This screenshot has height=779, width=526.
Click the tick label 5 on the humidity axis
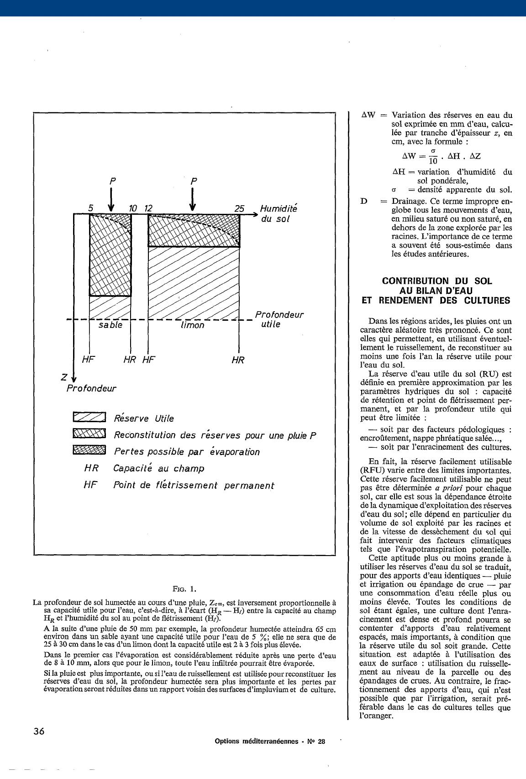pyautogui.click(x=91, y=208)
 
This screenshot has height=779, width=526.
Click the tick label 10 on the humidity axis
pyautogui.click(x=132, y=208)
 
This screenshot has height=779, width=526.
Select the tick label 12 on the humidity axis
pyautogui.click(x=148, y=208)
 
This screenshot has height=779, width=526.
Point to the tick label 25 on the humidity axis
pyautogui.click(x=239, y=208)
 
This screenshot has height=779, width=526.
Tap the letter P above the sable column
pyautogui.click(x=111, y=181)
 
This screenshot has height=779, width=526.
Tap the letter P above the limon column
pyautogui.click(x=194, y=181)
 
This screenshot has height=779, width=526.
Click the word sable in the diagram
pyautogui.click(x=110, y=325)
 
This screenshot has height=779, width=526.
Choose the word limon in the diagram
pyautogui.click(x=192, y=326)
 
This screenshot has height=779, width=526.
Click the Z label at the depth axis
pyautogui.click(x=64, y=377)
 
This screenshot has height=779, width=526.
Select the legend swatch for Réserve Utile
pyautogui.click(x=89, y=417)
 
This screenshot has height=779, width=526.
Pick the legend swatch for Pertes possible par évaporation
pyautogui.click(x=89, y=450)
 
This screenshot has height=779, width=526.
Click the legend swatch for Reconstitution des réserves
pyautogui.click(x=89, y=434)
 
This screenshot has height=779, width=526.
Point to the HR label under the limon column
pyautogui.click(x=238, y=360)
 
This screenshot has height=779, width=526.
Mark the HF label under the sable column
pyautogui.click(x=88, y=360)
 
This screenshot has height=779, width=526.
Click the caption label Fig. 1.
pyautogui.click(x=184, y=588)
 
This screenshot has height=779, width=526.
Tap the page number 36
pyautogui.click(x=39, y=731)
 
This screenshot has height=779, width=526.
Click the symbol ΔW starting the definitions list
pyautogui.click(x=368, y=116)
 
